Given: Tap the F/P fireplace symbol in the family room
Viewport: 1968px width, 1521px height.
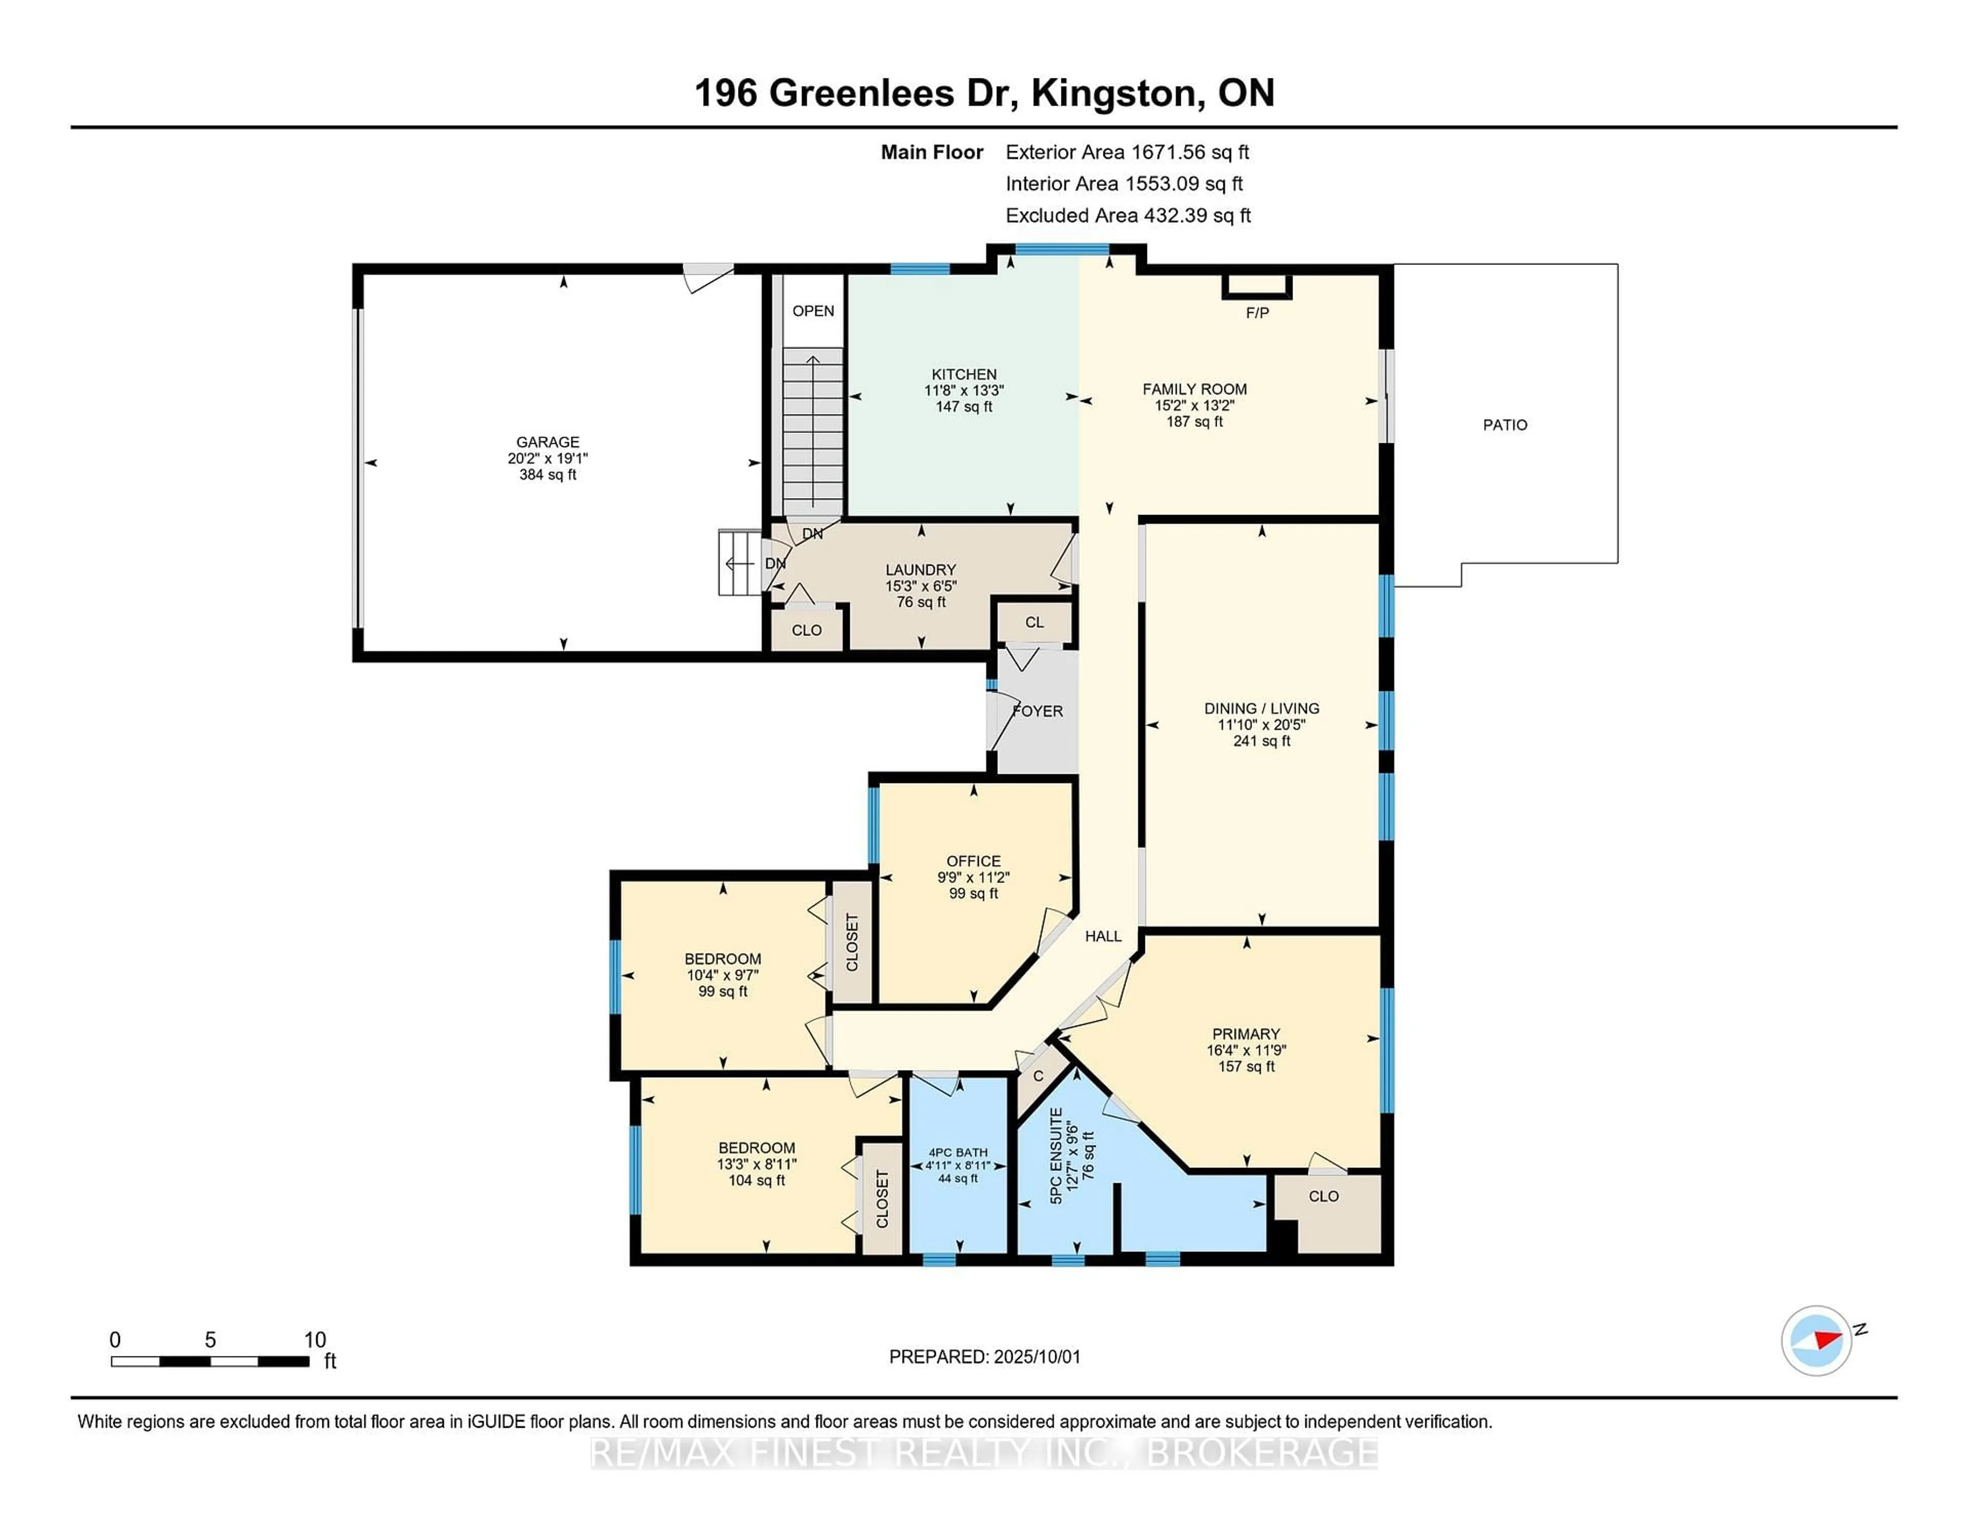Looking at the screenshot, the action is pyautogui.click(x=1257, y=286).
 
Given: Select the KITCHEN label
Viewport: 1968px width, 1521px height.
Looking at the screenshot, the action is pyautogui.click(x=964, y=374).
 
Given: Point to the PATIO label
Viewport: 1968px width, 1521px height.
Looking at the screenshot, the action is pyautogui.click(x=1505, y=424).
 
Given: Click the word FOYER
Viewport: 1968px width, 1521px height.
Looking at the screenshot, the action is pyautogui.click(x=1038, y=711).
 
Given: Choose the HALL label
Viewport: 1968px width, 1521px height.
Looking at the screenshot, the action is pyautogui.click(x=1103, y=936).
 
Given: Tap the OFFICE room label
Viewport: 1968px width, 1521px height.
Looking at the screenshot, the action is pyautogui.click(x=973, y=860).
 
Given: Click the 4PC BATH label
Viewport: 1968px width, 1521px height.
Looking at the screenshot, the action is pyautogui.click(x=958, y=1153).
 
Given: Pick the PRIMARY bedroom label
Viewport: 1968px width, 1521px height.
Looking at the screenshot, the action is pyautogui.click(x=1246, y=1034).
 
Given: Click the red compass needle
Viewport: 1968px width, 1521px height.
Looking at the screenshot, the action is pyautogui.click(x=1828, y=1338).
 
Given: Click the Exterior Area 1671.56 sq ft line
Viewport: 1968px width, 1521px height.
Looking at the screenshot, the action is pyautogui.click(x=1127, y=152).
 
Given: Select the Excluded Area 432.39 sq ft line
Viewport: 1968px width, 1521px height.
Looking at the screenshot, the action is pyautogui.click(x=1128, y=215).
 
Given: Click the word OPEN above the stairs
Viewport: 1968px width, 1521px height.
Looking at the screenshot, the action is pyautogui.click(x=813, y=311).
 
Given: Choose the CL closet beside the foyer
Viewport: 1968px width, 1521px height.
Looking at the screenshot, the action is pyautogui.click(x=1034, y=623).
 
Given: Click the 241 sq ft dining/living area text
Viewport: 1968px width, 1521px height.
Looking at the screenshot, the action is pyautogui.click(x=1262, y=741).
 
